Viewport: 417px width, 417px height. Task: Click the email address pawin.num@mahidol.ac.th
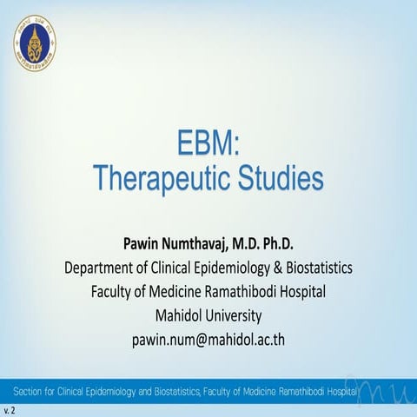pyautogui.click(x=208, y=338)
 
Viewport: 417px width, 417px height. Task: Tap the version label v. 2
pyautogui.click(x=10, y=408)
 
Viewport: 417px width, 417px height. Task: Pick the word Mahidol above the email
pyautogui.click(x=176, y=314)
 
